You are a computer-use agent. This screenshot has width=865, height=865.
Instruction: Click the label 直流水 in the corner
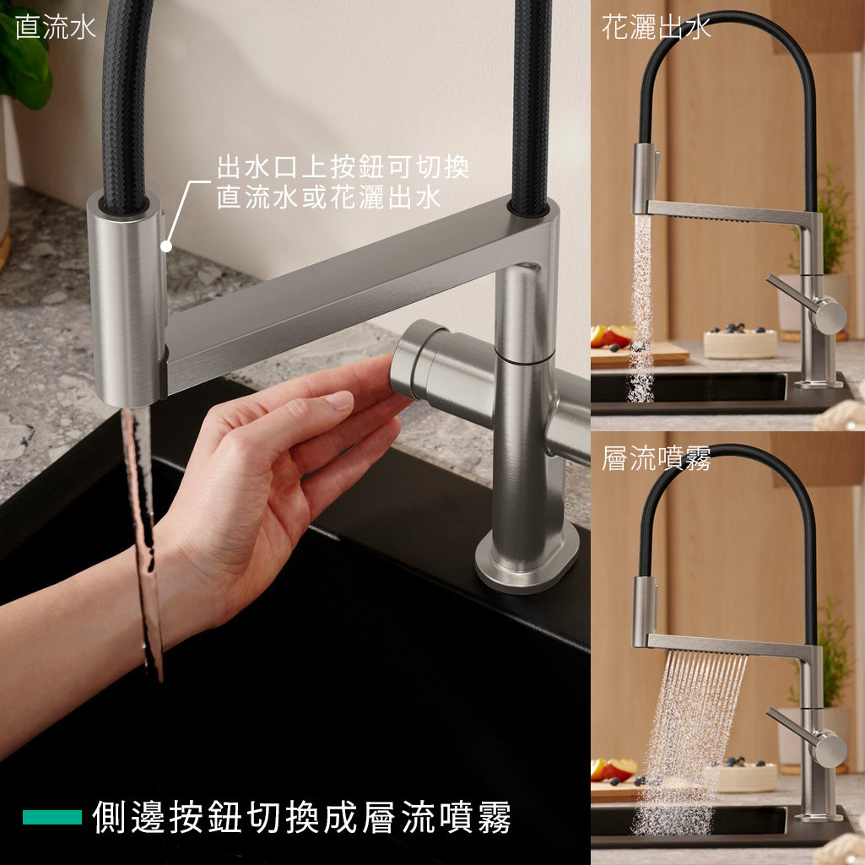(x=55, y=28)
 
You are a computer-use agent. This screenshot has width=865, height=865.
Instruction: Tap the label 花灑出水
(x=656, y=28)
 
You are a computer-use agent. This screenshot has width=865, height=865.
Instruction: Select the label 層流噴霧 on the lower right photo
(x=656, y=458)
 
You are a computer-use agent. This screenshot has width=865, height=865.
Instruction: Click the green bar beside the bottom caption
(x=52, y=817)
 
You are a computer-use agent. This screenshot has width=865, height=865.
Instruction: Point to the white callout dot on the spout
(x=166, y=246)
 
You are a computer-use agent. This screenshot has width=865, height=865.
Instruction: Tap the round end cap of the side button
(x=411, y=360)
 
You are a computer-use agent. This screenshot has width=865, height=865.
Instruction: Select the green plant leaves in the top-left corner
(x=24, y=61)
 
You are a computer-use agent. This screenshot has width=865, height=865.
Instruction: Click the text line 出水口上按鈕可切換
(x=343, y=166)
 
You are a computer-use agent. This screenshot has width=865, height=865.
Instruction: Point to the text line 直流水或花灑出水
(x=329, y=197)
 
